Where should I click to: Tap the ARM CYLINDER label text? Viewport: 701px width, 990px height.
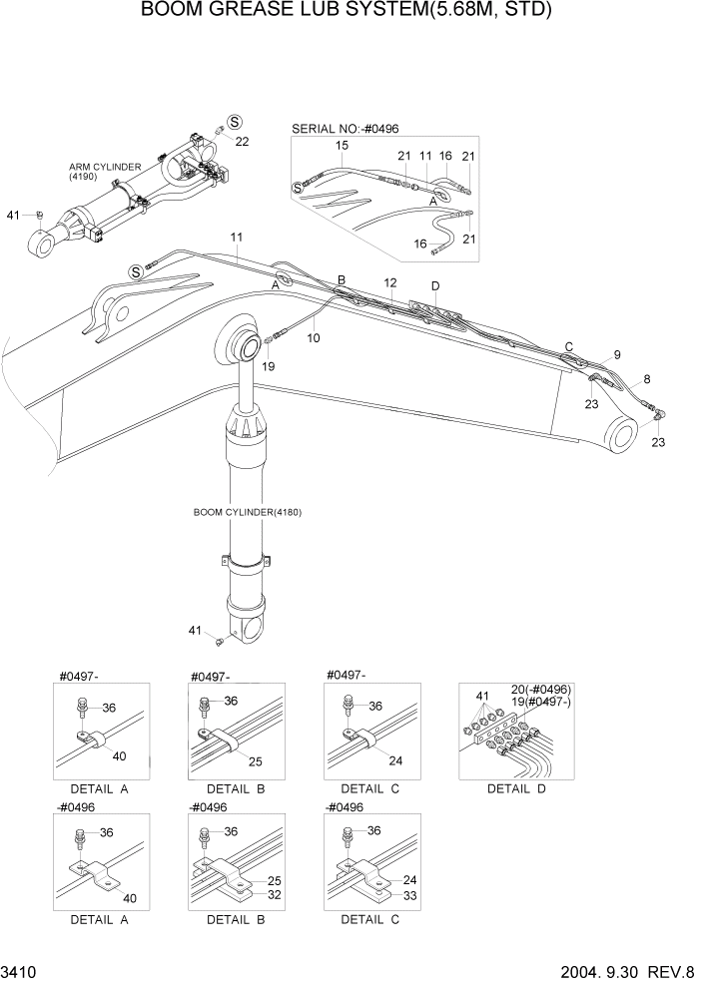pos(104,167)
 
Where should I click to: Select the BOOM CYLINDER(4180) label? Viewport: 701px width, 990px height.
pos(247,512)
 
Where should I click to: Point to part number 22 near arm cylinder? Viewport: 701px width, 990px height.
pos(242,142)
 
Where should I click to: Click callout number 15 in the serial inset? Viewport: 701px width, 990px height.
pos(342,146)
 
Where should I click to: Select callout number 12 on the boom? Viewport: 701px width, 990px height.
pos(389,283)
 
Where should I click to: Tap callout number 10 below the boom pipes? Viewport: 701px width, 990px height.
pos(314,338)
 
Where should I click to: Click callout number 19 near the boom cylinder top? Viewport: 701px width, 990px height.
pos(268,366)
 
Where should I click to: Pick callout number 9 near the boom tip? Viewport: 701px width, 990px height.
pos(616,354)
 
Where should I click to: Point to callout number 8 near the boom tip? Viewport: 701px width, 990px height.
pos(646,378)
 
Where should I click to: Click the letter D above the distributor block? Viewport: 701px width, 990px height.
pos(434,286)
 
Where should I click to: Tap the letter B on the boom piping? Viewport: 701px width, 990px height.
pos(341,280)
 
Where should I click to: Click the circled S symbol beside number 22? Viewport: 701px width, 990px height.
pos(235,121)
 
